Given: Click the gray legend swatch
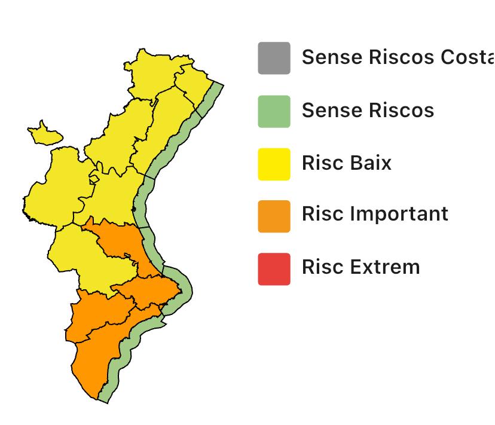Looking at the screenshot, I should point(274,58).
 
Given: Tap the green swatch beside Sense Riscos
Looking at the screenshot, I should point(274,111).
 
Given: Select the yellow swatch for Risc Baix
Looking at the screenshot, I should point(274,164).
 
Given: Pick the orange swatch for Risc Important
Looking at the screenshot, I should point(274,216).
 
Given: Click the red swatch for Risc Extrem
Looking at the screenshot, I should point(274,268).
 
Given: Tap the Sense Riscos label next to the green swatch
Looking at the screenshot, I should point(368,111).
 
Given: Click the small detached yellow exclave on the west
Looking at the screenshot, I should point(44,134).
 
